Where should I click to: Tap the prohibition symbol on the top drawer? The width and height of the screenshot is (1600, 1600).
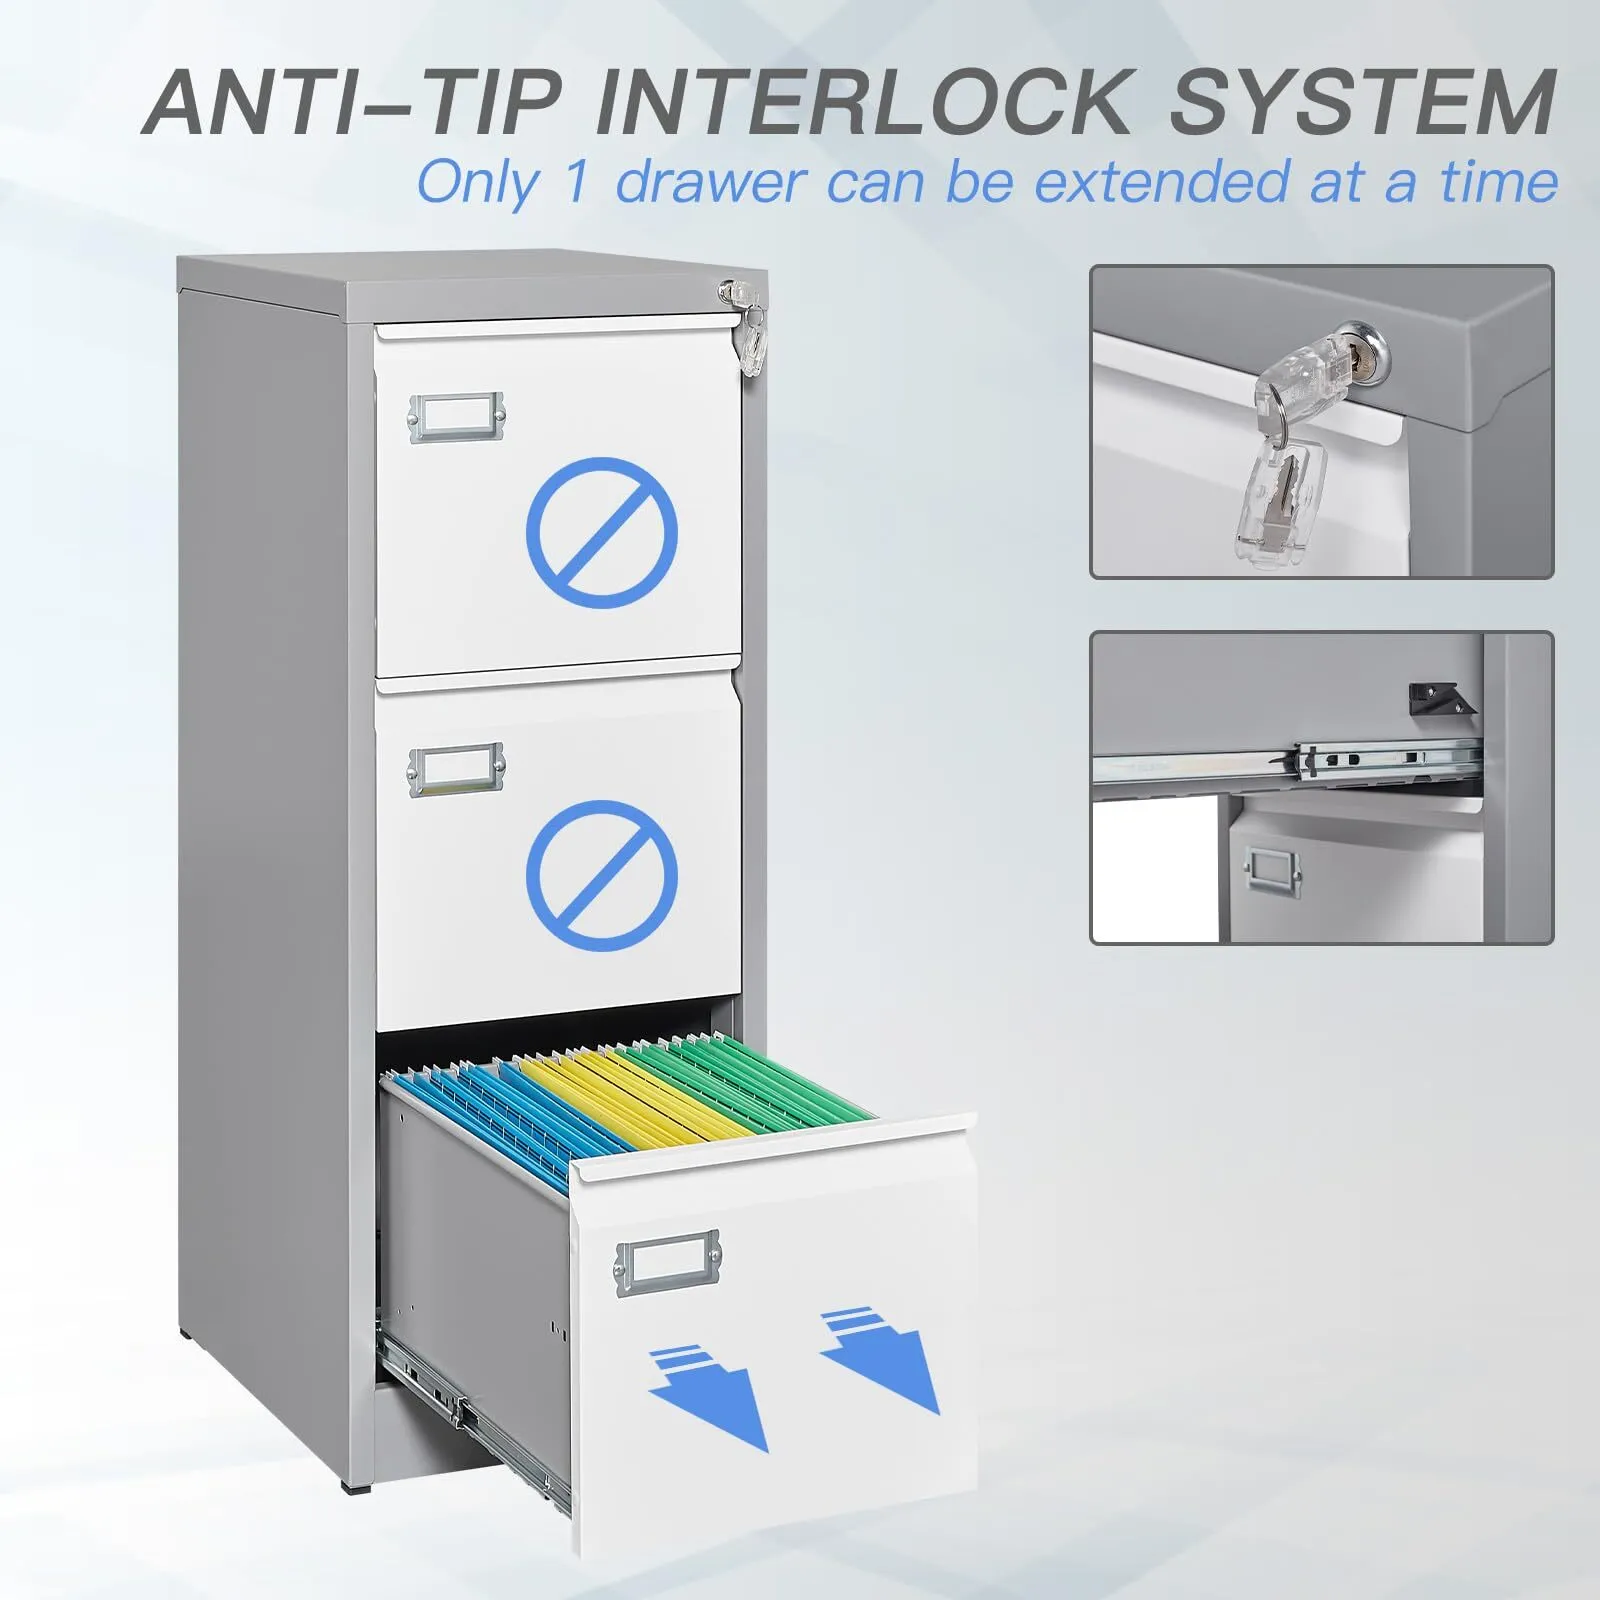602,532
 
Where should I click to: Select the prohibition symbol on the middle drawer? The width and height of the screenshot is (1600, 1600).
602,875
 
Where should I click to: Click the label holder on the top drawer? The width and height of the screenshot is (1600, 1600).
456,417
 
